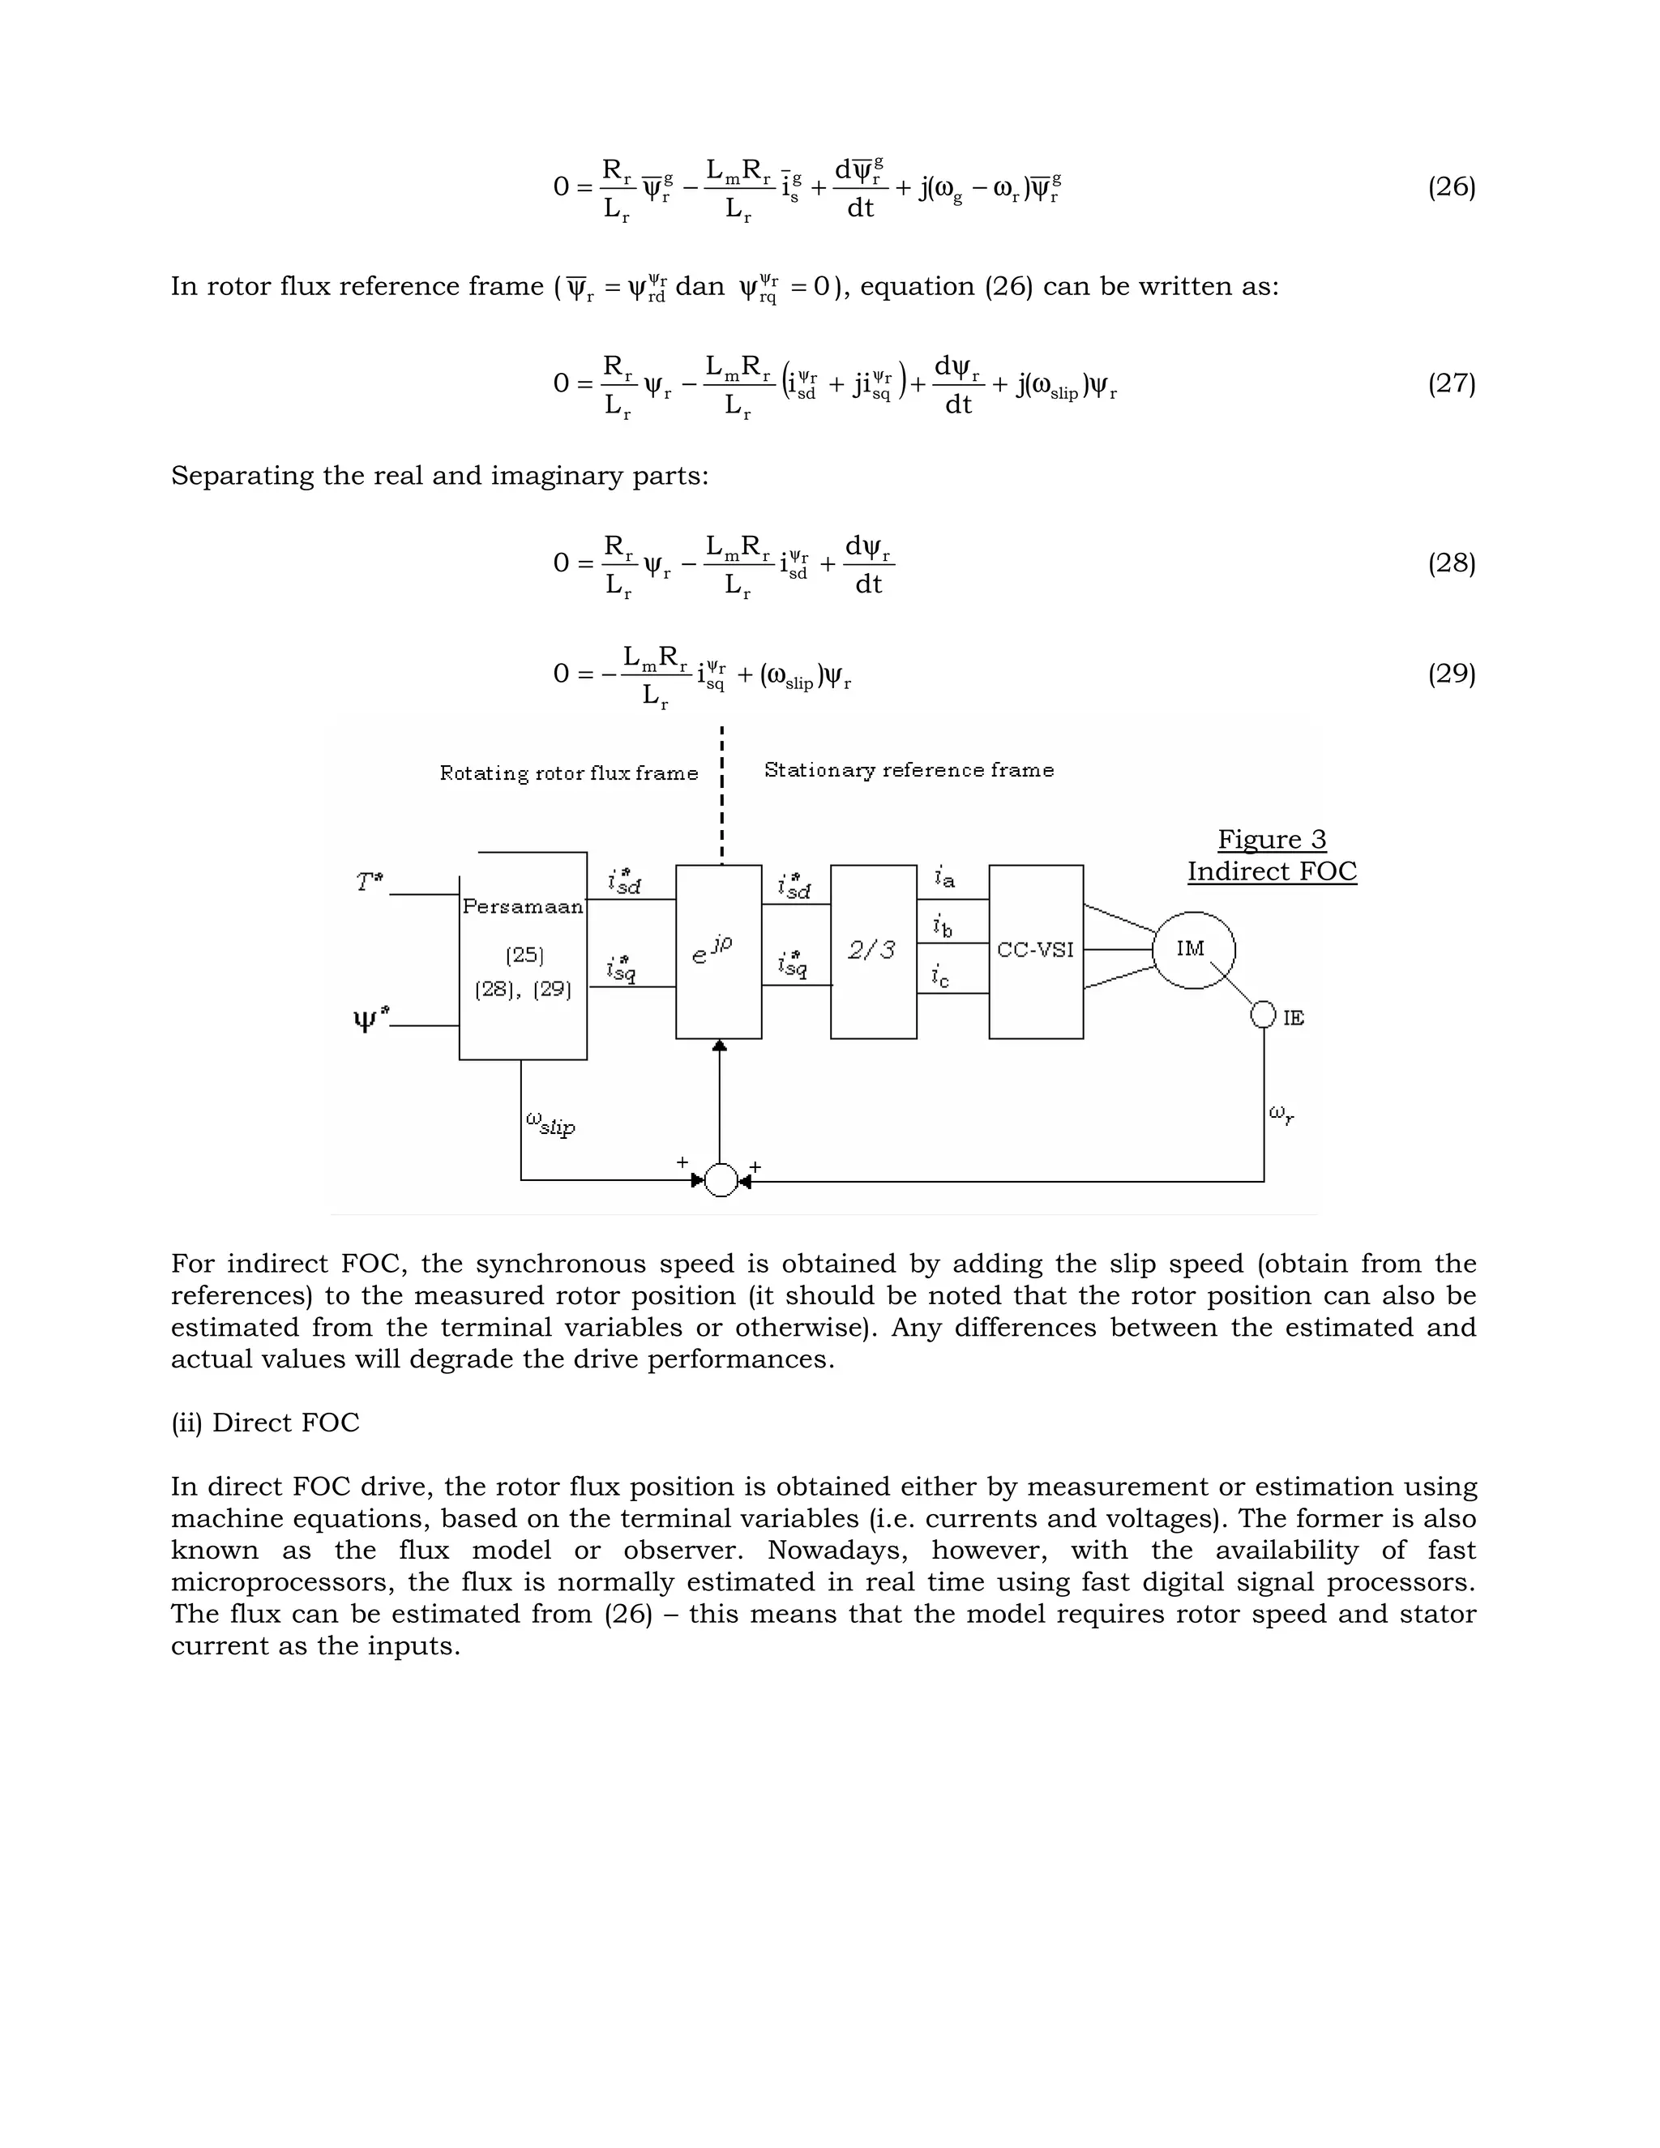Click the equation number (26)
pyautogui.click(x=1451, y=187)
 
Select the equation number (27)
pyautogui.click(x=1451, y=383)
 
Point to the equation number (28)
pyautogui.click(x=1451, y=563)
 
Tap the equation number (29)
pyautogui.click(x=1451, y=674)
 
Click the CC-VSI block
pyautogui.click(x=1036, y=951)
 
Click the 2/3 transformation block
pyautogui.click(x=873, y=951)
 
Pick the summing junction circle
pyautogui.click(x=721, y=1180)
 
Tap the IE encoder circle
pyautogui.click(x=1264, y=1015)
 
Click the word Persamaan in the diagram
pyautogui.click(x=522, y=906)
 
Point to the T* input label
pyautogui.click(x=370, y=881)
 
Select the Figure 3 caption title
pyautogui.click(x=1272, y=840)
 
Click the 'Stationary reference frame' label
pyautogui.click(x=909, y=770)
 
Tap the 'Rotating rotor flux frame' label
pyautogui.click(x=568, y=773)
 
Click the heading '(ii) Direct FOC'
pyautogui.click(x=266, y=1423)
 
